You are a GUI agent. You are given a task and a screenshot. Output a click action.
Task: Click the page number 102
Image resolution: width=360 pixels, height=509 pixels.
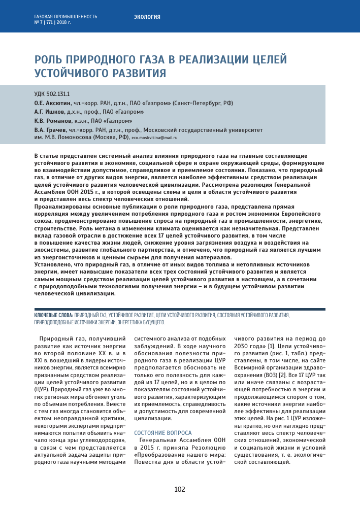(180, 489)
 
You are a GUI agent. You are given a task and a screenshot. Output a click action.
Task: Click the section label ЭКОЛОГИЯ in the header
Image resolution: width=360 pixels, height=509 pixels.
(147, 17)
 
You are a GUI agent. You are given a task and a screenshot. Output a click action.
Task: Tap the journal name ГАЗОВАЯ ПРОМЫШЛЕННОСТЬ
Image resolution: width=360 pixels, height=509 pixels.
(66, 17)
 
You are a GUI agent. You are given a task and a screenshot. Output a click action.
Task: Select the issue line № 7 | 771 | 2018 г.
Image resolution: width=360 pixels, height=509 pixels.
(52, 23)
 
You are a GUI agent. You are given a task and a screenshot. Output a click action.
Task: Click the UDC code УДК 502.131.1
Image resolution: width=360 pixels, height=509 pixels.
(52, 94)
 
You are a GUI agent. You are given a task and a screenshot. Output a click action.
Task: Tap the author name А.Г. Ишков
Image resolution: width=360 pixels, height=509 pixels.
(49, 112)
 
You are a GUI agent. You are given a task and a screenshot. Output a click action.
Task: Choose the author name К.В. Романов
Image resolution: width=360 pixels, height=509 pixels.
(51, 121)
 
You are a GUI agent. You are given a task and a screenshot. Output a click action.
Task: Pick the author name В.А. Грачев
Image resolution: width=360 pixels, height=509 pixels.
(49, 130)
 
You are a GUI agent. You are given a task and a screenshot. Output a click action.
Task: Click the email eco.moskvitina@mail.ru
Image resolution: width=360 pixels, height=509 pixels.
(154, 138)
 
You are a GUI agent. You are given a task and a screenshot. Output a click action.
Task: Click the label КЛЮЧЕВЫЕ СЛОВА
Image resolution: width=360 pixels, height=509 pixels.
(53, 315)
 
